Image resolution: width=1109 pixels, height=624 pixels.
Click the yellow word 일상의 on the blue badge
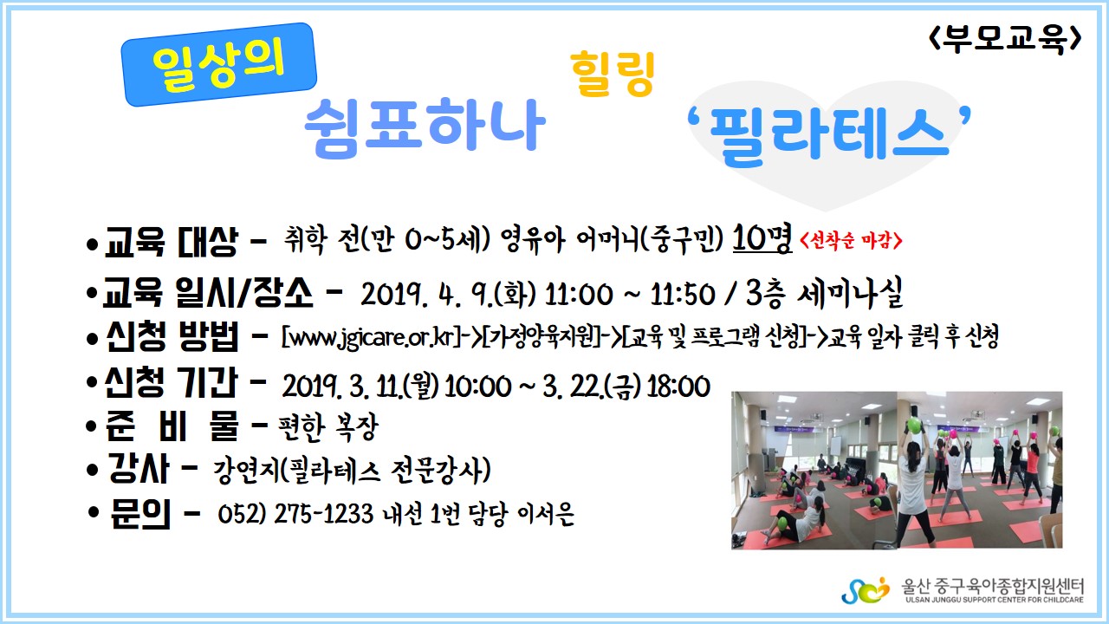(x=218, y=65)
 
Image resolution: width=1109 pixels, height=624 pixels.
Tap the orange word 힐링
(x=613, y=74)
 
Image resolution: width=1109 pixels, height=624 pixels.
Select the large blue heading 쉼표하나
(x=425, y=127)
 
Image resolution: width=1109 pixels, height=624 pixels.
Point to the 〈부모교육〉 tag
(x=1004, y=38)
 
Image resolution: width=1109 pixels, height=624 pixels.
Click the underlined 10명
(x=762, y=238)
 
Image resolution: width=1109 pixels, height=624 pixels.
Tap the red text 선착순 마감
(x=851, y=241)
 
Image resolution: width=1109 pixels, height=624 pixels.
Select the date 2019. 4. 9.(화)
(x=448, y=294)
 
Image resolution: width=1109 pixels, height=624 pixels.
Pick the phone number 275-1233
(x=324, y=513)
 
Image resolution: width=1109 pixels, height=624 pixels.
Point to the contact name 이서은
(x=546, y=514)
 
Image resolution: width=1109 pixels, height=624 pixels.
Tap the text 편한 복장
(x=328, y=427)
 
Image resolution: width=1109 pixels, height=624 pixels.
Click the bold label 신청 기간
(x=172, y=383)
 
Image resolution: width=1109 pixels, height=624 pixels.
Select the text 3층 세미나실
(x=824, y=293)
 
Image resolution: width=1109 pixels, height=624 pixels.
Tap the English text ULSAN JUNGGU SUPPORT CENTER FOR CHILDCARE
(x=995, y=600)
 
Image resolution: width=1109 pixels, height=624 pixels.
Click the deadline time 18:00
(x=678, y=387)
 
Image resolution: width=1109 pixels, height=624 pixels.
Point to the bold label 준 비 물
(x=172, y=426)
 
